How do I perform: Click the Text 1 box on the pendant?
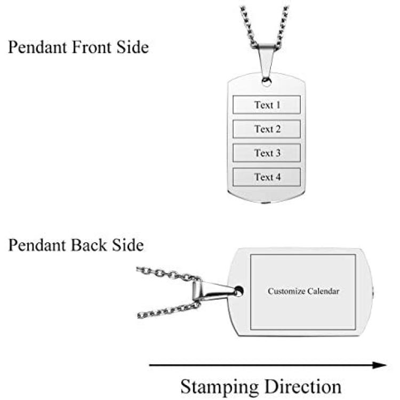point(267,105)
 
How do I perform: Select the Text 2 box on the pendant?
point(267,129)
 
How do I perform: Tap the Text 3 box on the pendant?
point(267,153)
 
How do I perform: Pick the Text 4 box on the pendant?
point(267,177)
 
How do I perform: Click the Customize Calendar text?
point(303,291)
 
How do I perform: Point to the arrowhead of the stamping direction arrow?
point(380,365)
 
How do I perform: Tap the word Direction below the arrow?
point(301,386)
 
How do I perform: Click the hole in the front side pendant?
point(266,82)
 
